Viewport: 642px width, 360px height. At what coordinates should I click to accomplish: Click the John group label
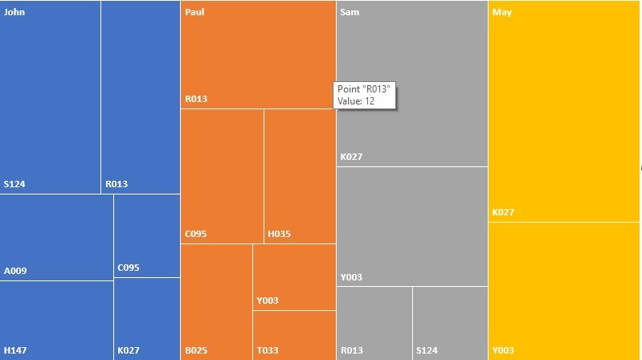(x=14, y=13)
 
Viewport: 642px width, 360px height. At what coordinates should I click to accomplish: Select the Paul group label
(x=194, y=13)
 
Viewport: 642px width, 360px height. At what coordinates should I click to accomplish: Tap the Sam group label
(x=350, y=13)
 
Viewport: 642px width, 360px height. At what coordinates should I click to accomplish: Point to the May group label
(x=502, y=13)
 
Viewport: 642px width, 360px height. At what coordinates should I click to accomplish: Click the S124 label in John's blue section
(x=14, y=184)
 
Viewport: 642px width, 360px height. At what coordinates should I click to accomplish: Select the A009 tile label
(x=15, y=271)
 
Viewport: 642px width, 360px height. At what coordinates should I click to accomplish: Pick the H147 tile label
(x=15, y=350)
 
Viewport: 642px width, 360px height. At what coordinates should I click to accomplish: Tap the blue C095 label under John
(x=129, y=268)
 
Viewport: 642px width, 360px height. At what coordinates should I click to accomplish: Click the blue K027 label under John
(x=129, y=350)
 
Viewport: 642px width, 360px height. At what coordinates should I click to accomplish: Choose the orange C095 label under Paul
(x=196, y=235)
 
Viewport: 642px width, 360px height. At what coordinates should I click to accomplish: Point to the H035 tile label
(x=280, y=235)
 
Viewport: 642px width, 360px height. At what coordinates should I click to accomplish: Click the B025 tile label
(x=196, y=350)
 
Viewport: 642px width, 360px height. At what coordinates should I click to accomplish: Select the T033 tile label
(x=268, y=350)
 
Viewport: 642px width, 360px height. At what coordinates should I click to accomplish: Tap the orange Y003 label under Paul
(x=268, y=301)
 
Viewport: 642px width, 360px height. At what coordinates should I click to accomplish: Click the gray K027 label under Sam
(x=351, y=157)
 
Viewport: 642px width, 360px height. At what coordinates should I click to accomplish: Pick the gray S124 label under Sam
(x=427, y=350)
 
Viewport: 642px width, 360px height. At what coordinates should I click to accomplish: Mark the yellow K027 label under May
(x=503, y=213)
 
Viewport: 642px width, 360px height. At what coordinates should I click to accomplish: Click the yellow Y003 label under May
(x=503, y=350)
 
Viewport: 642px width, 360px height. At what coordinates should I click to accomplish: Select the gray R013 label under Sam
(x=351, y=350)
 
